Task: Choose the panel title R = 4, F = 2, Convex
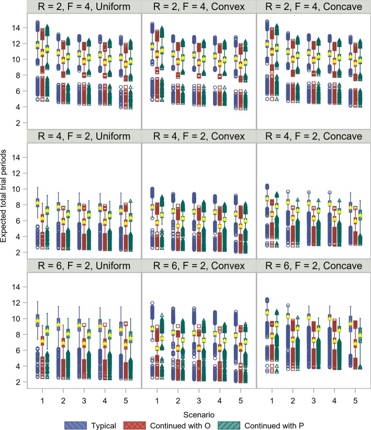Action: tap(198, 136)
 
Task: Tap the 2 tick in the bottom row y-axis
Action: tap(18, 382)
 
